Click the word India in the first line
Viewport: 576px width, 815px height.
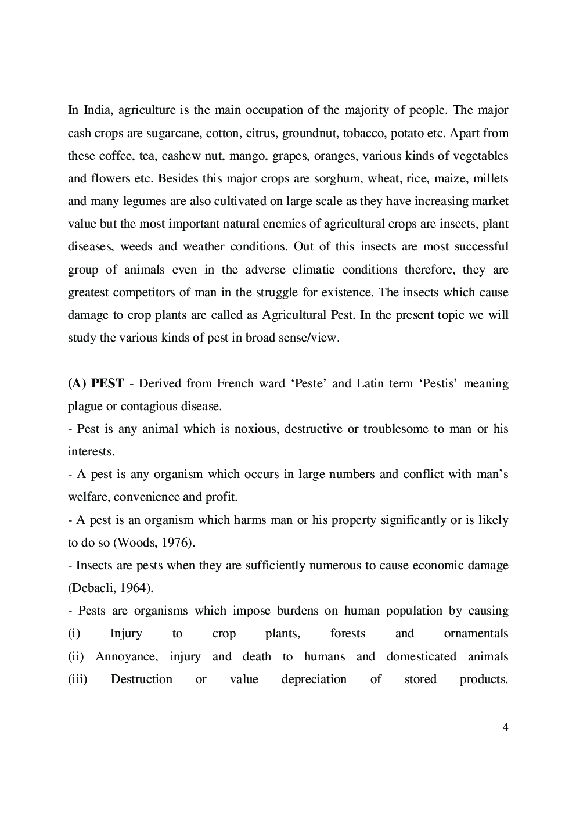[x=96, y=110]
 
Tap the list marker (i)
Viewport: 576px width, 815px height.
[x=74, y=633]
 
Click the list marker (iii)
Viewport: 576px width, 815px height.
[x=77, y=679]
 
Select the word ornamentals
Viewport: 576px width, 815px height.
[x=476, y=633]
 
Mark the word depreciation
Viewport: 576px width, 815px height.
[x=314, y=679]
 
